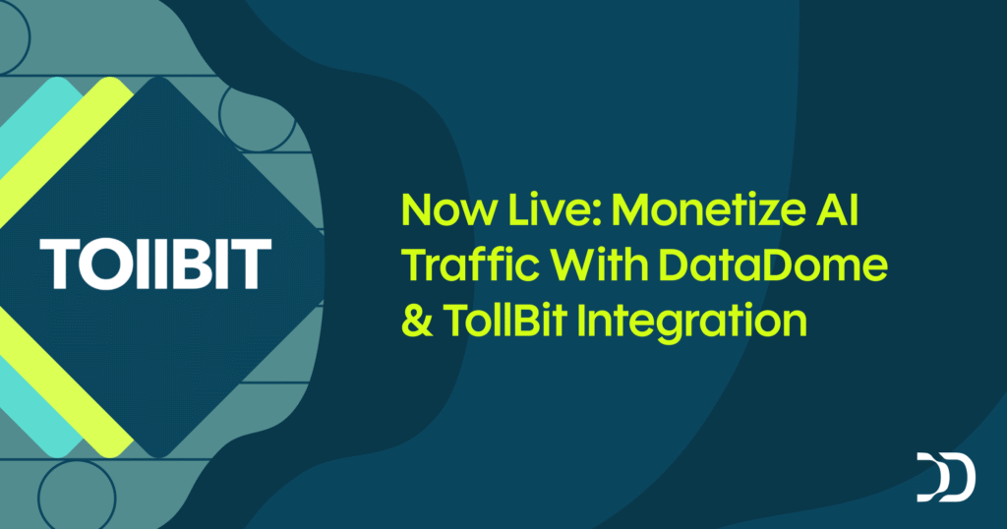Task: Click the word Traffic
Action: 458,265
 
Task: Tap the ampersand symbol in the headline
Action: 417,322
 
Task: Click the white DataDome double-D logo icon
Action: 946,477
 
